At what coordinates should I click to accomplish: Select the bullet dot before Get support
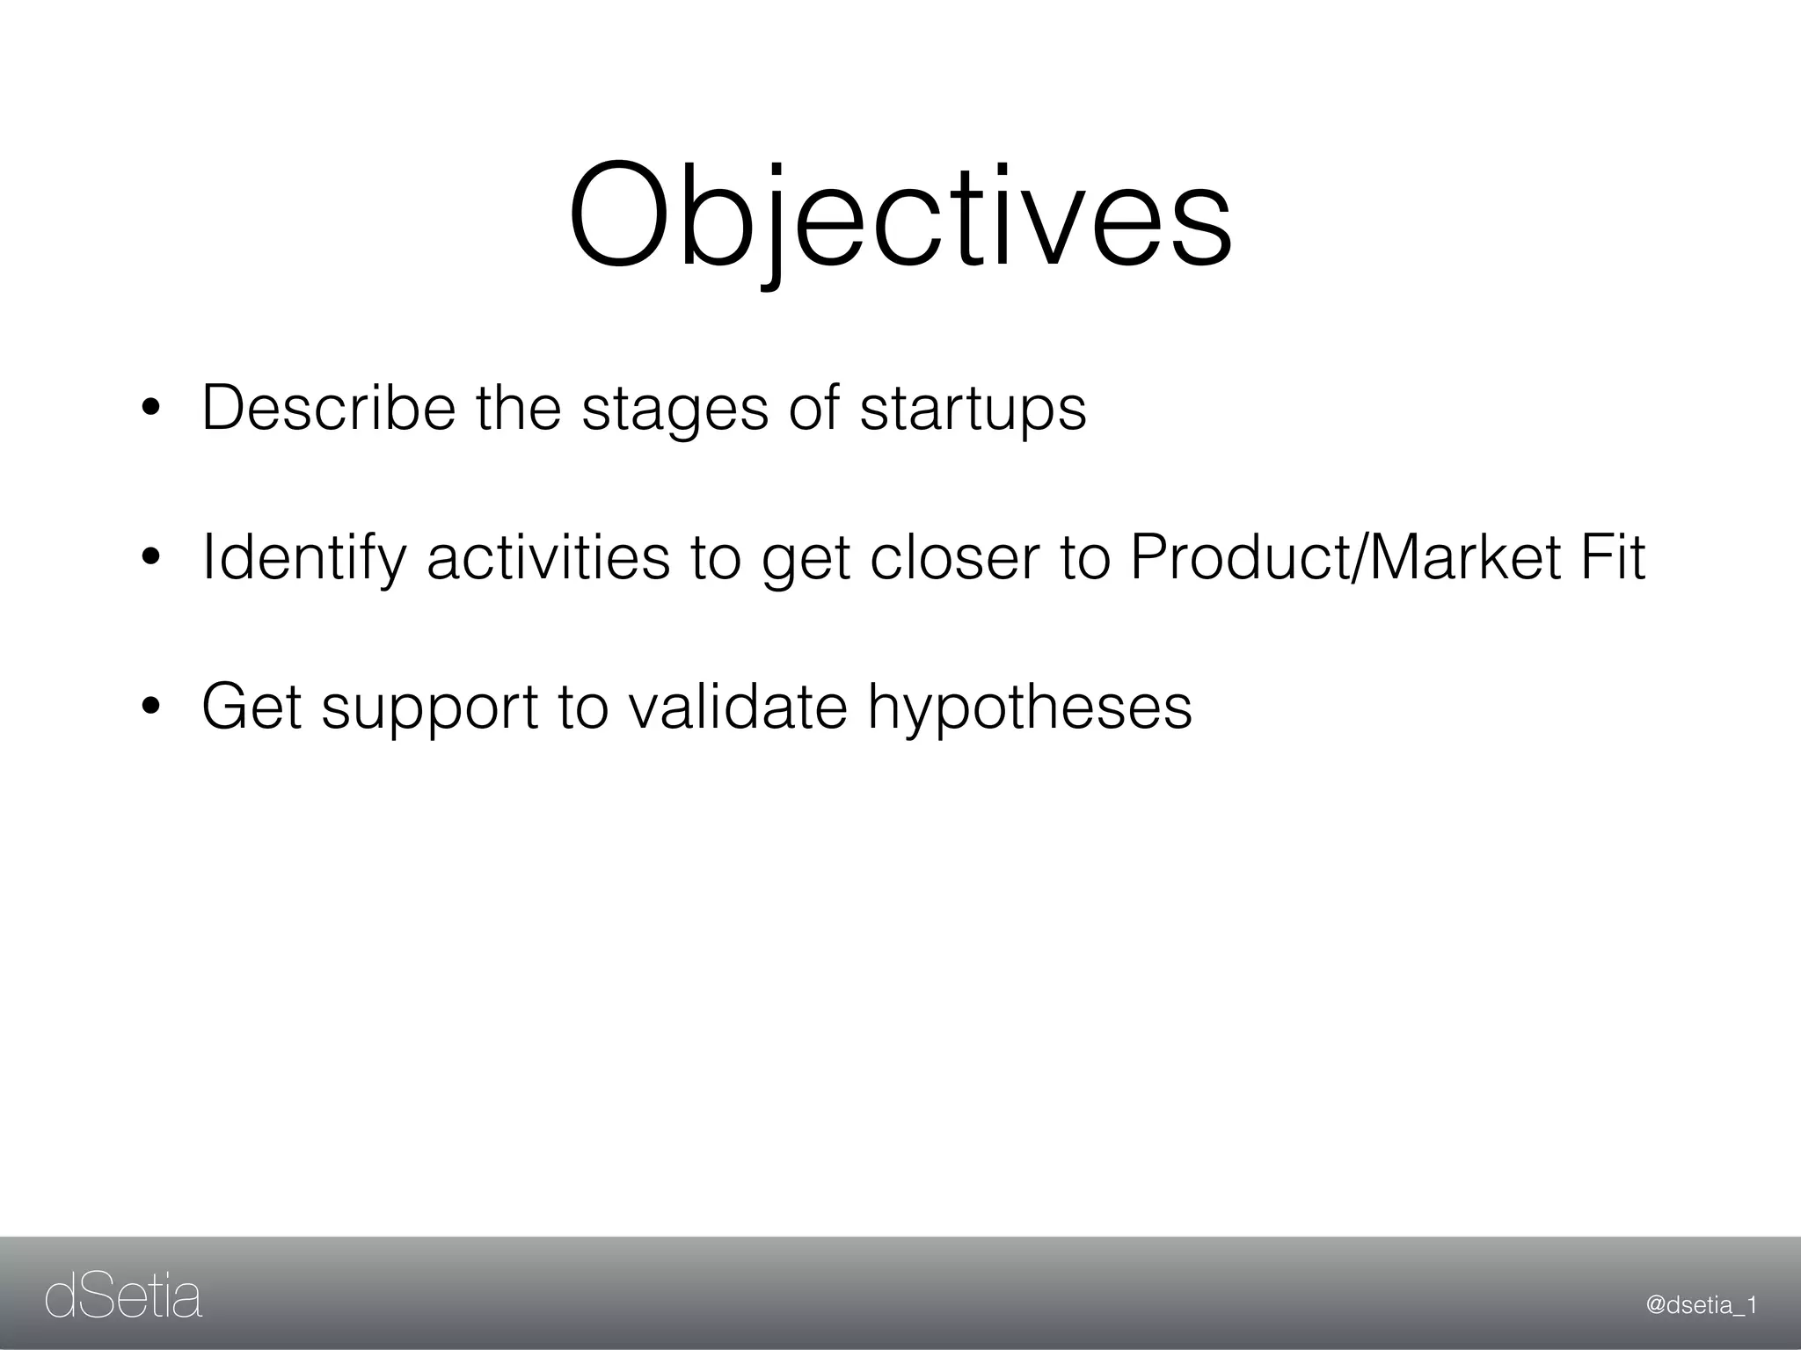(x=150, y=707)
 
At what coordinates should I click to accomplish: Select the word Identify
(x=304, y=559)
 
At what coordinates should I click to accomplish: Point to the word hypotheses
(x=1030, y=708)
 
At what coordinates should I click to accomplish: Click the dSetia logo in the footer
(x=123, y=1298)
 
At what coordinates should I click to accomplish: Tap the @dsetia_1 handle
(x=1701, y=1306)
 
